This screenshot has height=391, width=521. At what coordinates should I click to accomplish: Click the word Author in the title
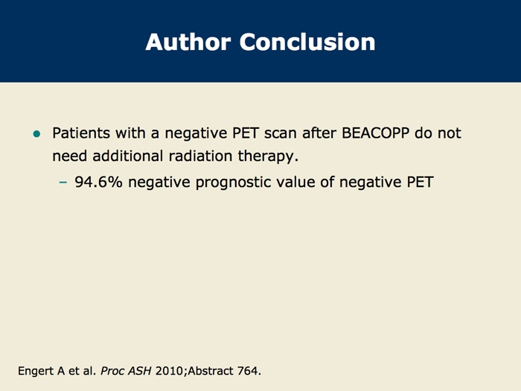tap(188, 42)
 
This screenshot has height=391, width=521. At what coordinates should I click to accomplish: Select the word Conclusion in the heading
tap(307, 42)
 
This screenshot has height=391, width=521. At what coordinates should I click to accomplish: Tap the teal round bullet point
tap(37, 134)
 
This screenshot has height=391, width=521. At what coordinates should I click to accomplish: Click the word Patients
tap(81, 133)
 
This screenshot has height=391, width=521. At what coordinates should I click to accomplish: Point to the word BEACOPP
tap(375, 133)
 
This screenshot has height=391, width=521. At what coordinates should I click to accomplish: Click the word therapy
tap(268, 156)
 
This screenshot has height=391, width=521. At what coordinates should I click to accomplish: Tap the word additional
tap(128, 156)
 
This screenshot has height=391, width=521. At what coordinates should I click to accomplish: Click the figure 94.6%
tap(99, 182)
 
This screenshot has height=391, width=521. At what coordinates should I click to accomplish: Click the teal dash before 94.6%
tap(63, 182)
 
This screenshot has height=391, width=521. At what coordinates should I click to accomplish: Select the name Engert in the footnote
tap(36, 371)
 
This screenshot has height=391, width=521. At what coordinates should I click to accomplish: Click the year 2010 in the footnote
tap(169, 371)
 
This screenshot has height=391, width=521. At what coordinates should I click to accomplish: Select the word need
tap(70, 156)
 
